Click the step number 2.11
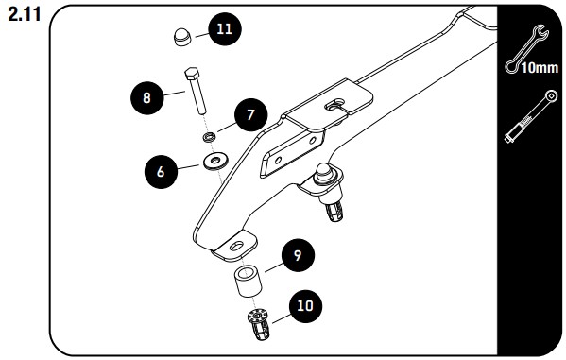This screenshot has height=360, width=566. click(x=25, y=15)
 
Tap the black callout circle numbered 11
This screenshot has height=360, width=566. click(x=224, y=29)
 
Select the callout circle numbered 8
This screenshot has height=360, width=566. click(x=146, y=98)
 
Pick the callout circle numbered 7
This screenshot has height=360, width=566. click(x=251, y=115)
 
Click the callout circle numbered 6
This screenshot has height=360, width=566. click(x=161, y=172)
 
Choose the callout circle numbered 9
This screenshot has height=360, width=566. click(x=298, y=255)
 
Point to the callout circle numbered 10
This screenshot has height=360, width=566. click(x=305, y=306)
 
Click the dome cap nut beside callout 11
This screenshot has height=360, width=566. click(x=183, y=37)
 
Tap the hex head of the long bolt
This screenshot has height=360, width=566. click(x=192, y=74)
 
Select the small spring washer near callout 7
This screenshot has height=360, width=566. click(x=210, y=137)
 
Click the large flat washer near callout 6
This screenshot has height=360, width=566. click(x=215, y=161)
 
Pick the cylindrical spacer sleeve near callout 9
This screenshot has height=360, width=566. click(x=248, y=282)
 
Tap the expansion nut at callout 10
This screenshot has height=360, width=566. click(x=258, y=324)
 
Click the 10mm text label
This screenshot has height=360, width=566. click(x=540, y=67)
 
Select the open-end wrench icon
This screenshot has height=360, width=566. click(x=527, y=49)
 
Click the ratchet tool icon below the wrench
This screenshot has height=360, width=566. click(x=531, y=116)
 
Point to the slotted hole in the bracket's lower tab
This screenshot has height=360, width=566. click(x=237, y=247)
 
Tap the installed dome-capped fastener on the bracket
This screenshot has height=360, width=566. click(x=328, y=192)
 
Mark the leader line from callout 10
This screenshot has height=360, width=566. click(x=282, y=317)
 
